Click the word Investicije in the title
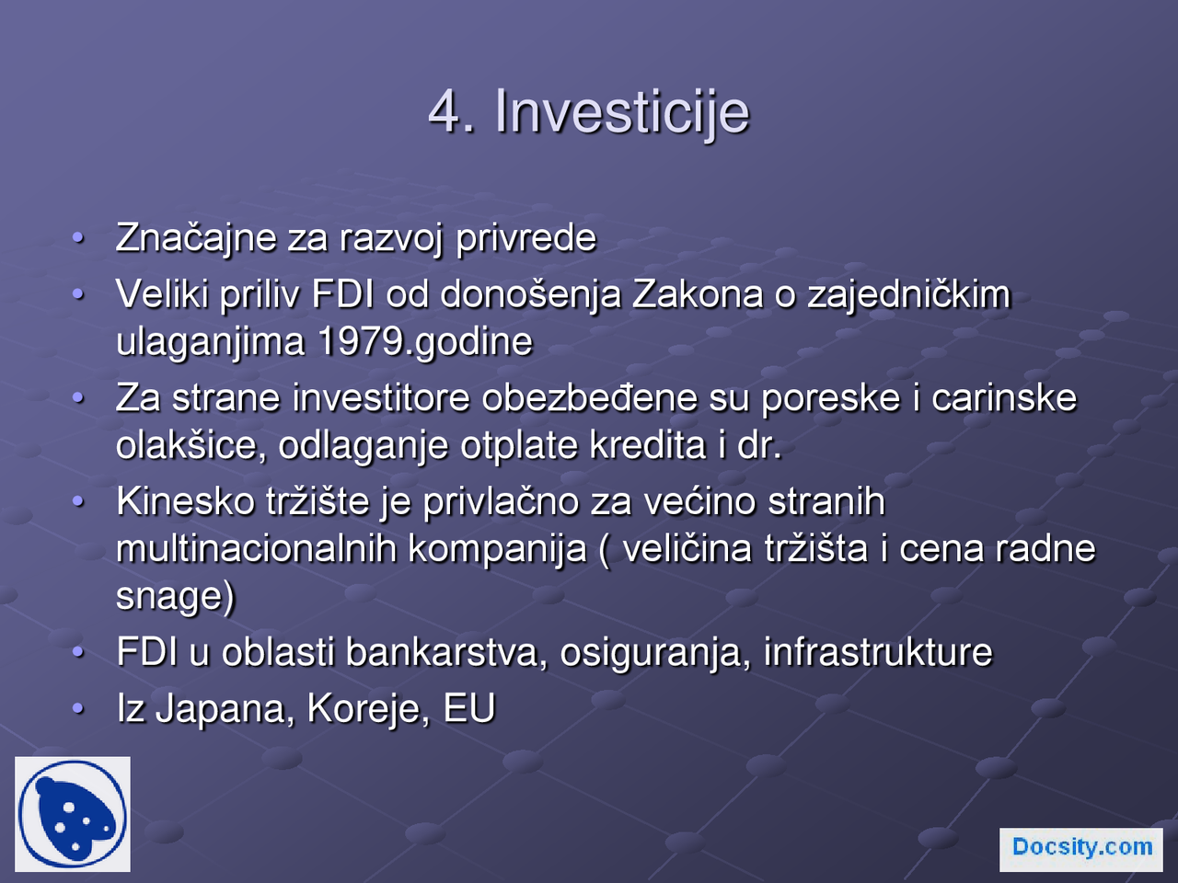[x=622, y=112]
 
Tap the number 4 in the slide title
[x=445, y=112]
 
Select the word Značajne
[x=196, y=238]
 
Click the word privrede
[x=526, y=238]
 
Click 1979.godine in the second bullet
[x=425, y=342]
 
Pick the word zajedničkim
[x=908, y=294]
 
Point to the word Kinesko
[x=186, y=502]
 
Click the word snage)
[x=175, y=596]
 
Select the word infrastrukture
[x=878, y=653]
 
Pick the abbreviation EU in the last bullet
[x=469, y=709]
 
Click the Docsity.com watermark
[x=1081, y=848]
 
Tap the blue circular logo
[x=73, y=815]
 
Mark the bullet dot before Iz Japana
[x=79, y=708]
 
